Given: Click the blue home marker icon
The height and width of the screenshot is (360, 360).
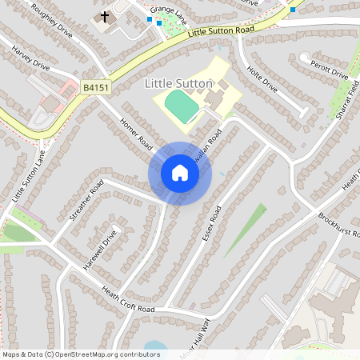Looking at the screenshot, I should [x=180, y=173].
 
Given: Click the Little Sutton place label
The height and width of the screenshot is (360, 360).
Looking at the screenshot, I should [x=179, y=83].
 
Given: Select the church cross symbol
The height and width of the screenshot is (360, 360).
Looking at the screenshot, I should [x=105, y=16].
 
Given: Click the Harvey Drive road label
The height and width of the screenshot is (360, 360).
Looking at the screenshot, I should [x=31, y=58].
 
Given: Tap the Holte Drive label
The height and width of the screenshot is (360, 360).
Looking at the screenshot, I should [x=262, y=78].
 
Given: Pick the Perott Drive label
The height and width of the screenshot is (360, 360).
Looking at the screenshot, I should [x=329, y=71].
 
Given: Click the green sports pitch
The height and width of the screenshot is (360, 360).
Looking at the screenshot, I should [x=182, y=107].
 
